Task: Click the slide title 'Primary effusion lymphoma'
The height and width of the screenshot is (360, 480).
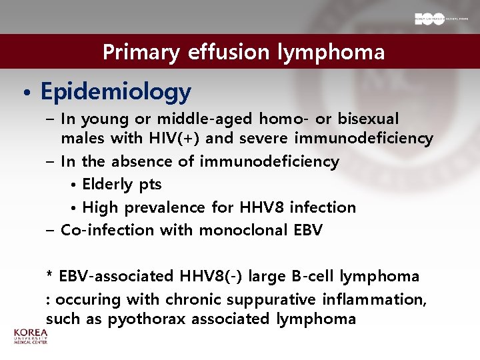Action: click(243, 52)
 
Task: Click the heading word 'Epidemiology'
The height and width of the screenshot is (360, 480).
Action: click(115, 92)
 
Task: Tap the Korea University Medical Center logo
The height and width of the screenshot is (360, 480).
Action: click(31, 336)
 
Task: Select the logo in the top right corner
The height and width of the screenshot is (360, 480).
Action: click(437, 19)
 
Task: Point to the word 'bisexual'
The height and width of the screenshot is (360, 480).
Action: click(368, 119)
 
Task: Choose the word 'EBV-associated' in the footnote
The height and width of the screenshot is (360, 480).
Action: click(115, 276)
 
